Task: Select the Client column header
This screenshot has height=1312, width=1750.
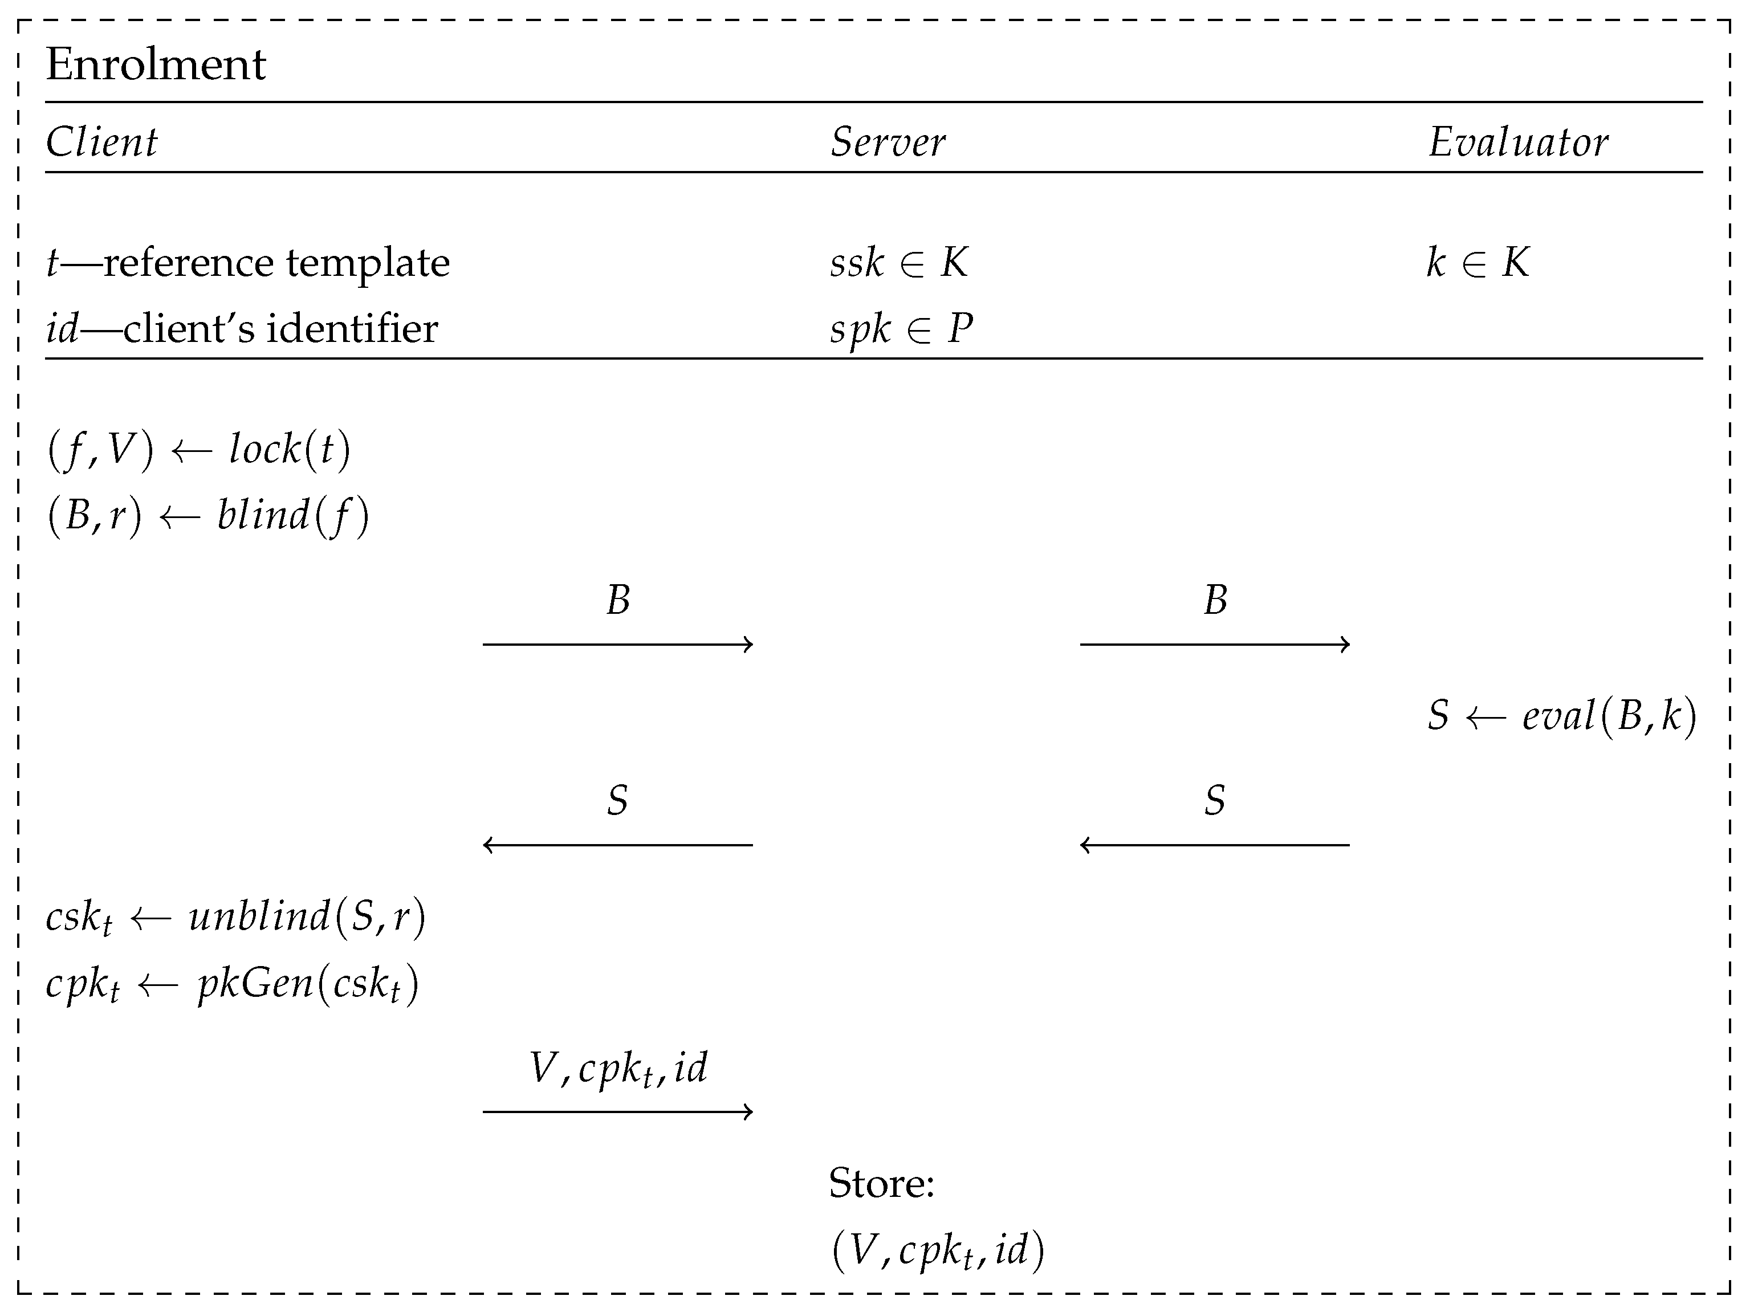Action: click(101, 143)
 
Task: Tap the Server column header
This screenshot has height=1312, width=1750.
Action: click(887, 143)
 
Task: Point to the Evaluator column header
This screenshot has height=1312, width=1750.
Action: click(1517, 143)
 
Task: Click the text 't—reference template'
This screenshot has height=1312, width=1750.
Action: click(247, 263)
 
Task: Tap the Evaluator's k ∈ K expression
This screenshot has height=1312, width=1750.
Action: click(1477, 263)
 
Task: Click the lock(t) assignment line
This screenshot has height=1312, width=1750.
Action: click(198, 449)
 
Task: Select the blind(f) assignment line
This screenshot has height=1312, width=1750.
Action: click(207, 516)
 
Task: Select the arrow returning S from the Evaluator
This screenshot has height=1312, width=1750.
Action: click(1214, 845)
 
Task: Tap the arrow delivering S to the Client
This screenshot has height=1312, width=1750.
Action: click(617, 845)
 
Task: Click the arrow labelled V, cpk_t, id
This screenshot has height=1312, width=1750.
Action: click(617, 1112)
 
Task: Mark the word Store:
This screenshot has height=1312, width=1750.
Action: click(881, 1184)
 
